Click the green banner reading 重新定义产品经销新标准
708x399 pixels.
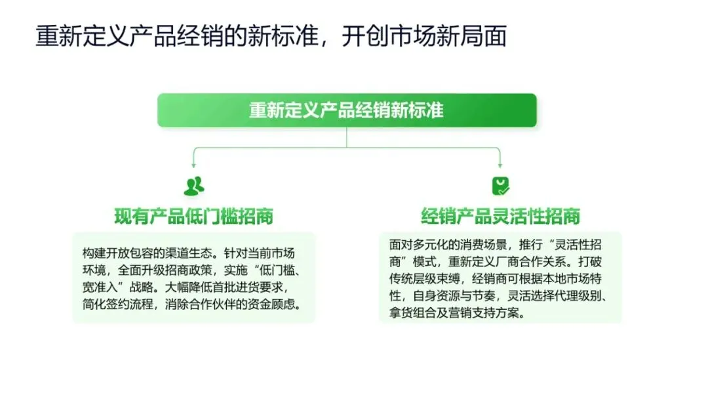click(x=346, y=110)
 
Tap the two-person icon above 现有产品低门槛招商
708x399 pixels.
click(x=193, y=186)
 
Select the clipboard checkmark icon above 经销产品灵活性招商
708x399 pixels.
click(x=501, y=186)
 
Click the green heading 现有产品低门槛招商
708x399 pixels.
click(x=193, y=217)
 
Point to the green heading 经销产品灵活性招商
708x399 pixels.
click(x=500, y=217)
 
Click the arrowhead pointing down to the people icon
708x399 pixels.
click(x=193, y=165)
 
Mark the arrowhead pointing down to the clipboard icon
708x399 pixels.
click(x=501, y=165)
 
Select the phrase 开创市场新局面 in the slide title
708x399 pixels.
click(x=423, y=37)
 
